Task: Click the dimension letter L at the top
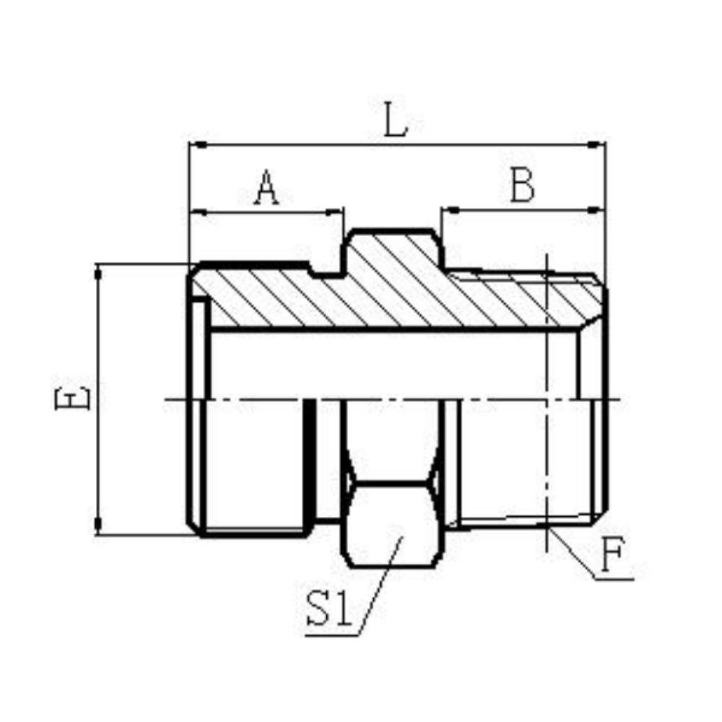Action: coord(396,122)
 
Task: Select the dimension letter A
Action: coord(266,188)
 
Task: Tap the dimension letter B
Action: coord(522,187)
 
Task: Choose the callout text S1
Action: coord(328,609)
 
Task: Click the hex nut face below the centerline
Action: coord(393,523)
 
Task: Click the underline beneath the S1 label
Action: coord(332,635)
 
